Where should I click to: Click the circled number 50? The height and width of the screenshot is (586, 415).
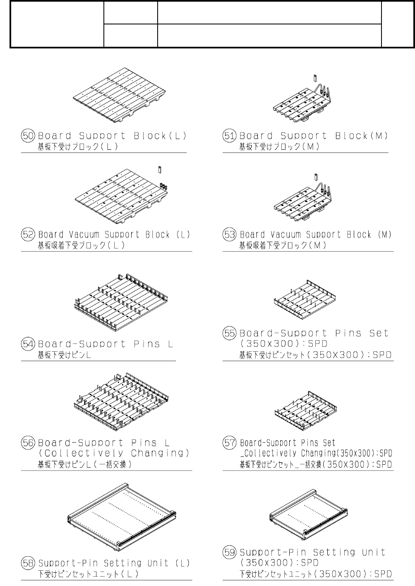coord(29,136)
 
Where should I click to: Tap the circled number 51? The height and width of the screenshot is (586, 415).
coord(230,136)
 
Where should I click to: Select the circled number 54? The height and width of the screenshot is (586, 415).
coord(29,344)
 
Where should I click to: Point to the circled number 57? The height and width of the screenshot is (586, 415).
coord(230,443)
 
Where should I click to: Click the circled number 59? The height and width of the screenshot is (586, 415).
coord(230,552)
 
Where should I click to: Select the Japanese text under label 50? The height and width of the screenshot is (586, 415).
coord(78,146)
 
